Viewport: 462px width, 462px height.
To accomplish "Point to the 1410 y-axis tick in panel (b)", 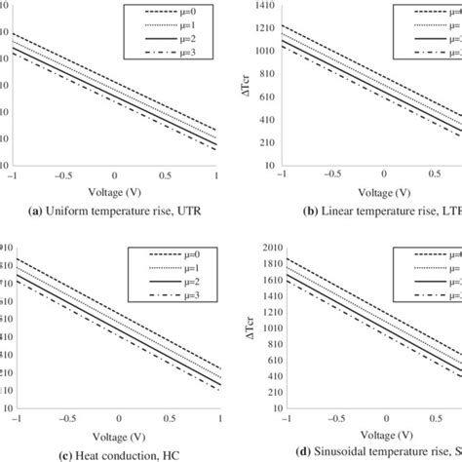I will point(264,5).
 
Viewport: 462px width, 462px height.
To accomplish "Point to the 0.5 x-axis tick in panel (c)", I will point(166,418).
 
